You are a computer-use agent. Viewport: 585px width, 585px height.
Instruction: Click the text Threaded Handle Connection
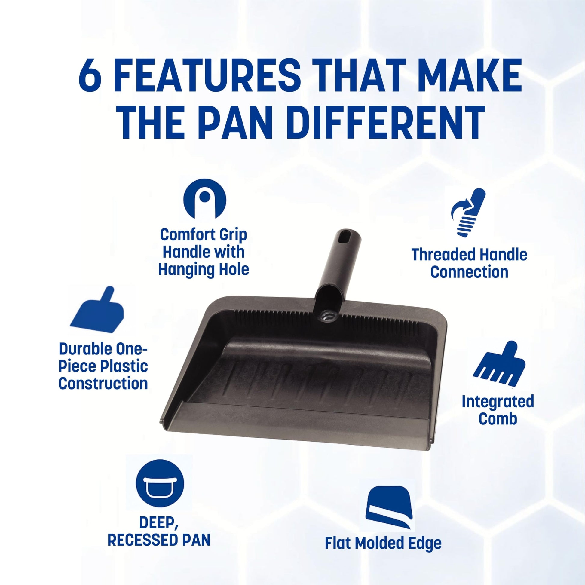pyautogui.click(x=469, y=263)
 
